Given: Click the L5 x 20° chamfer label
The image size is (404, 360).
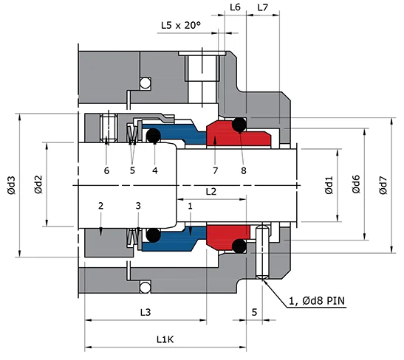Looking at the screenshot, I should click(181, 26).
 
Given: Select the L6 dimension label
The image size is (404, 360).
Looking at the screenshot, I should click(236, 7).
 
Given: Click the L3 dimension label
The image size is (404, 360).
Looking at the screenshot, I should click(145, 313).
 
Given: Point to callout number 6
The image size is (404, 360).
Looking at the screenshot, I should click(106, 170).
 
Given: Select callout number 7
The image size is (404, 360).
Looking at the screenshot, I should click(214, 170).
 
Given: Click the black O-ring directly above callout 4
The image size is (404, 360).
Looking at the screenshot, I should click(154, 136).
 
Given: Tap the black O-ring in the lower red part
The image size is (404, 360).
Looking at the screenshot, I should click(239, 245).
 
